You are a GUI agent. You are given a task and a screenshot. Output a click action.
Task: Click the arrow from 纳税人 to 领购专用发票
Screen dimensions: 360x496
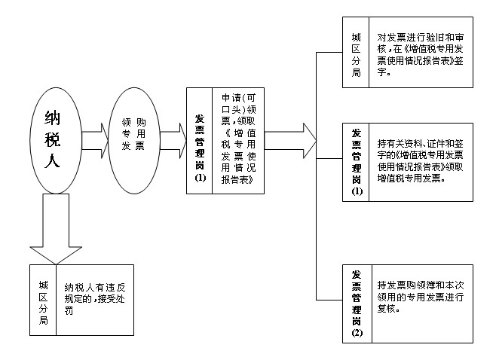[96, 139]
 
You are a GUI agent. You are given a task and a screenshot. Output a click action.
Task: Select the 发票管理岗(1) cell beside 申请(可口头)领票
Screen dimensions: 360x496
[200, 139]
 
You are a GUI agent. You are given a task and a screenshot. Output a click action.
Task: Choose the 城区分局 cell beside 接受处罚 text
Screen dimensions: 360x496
[43, 300]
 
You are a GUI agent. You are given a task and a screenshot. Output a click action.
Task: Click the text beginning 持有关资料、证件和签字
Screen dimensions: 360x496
[420, 160]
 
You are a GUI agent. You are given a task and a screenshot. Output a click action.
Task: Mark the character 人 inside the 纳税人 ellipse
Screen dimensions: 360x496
[52, 160]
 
